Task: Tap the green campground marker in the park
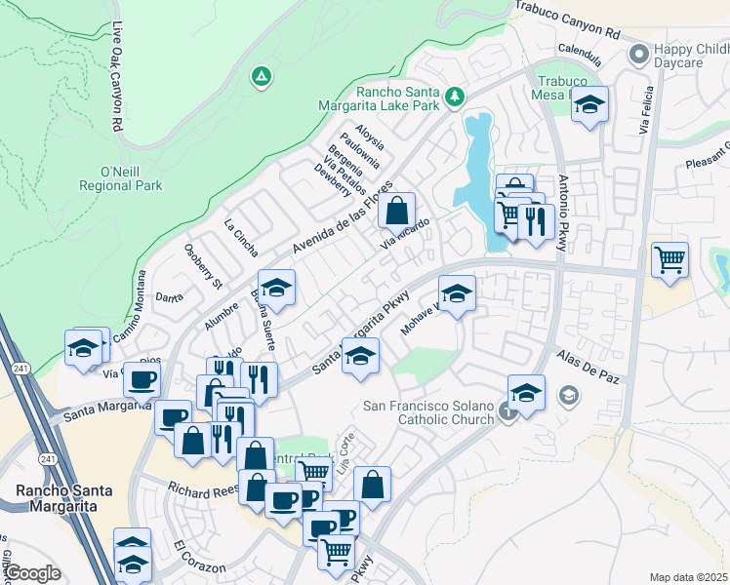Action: [x=260, y=76]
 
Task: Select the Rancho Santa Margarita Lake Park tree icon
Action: [x=453, y=97]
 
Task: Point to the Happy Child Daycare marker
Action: [x=639, y=55]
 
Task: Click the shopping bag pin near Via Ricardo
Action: [x=396, y=210]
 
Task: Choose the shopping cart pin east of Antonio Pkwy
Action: [x=669, y=259]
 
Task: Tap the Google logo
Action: [x=31, y=573]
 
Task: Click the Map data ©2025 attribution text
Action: [x=688, y=577]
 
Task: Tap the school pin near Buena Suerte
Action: [x=276, y=288]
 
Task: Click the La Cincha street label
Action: [x=241, y=238]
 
